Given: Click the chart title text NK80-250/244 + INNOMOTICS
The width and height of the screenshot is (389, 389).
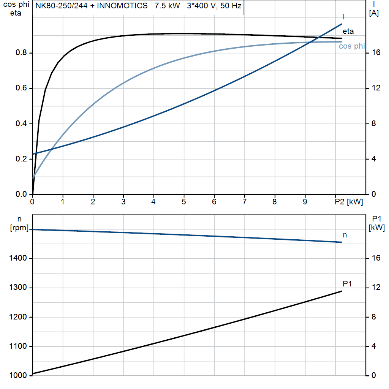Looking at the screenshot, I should click(91, 6).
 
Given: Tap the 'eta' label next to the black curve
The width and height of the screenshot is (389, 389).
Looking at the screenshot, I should click(348, 32).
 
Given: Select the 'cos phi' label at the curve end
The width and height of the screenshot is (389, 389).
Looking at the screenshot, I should click(352, 46).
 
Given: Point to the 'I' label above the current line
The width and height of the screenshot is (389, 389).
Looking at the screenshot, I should click(344, 17).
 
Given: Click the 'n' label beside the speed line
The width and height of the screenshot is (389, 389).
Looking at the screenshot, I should click(345, 235).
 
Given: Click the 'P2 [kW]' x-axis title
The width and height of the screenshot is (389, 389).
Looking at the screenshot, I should click(349, 202).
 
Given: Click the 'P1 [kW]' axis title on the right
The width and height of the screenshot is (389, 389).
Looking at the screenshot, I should click(376, 223).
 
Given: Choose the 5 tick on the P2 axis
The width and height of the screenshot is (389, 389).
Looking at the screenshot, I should click(184, 202).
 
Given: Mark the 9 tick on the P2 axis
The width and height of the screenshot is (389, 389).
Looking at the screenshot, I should click(305, 202).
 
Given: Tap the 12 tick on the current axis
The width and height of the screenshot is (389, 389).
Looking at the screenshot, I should click(376, 89).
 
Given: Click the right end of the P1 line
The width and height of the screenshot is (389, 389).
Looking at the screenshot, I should click(342, 291).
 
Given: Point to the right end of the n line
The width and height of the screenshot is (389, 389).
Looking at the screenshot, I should click(342, 242).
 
